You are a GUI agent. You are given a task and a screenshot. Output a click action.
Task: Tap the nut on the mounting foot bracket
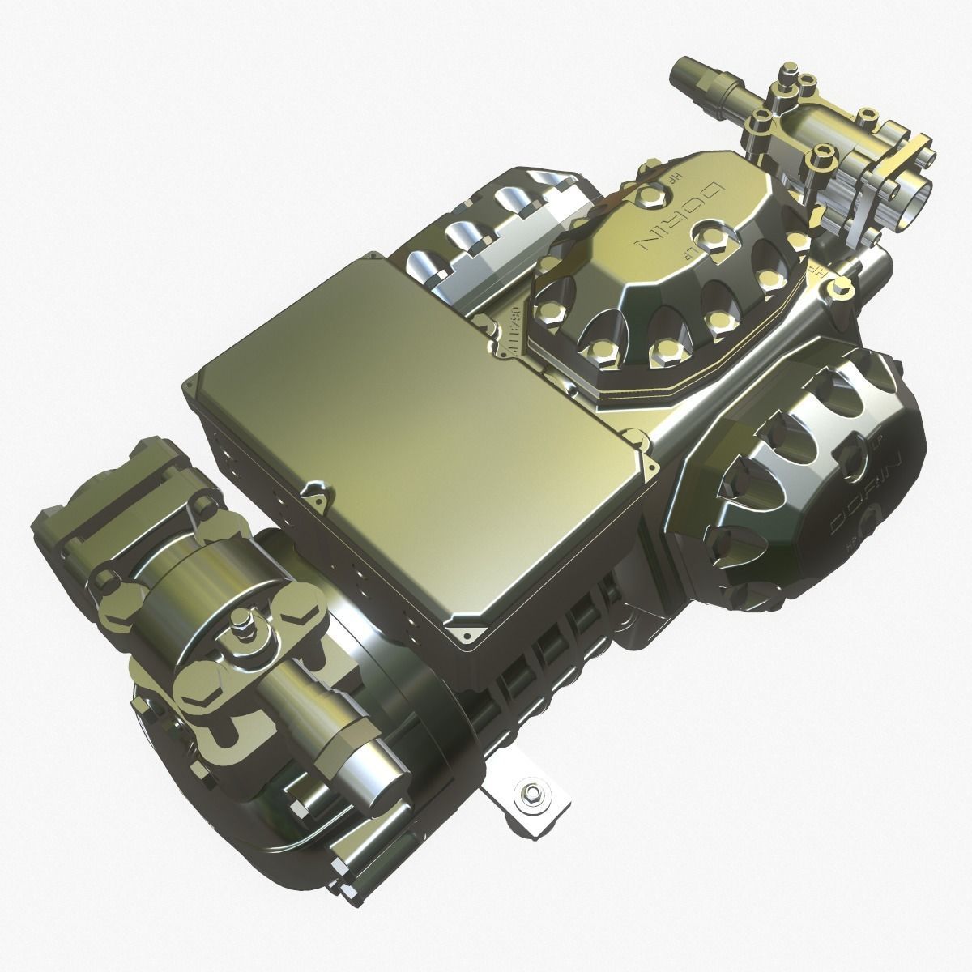tap(532, 791)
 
